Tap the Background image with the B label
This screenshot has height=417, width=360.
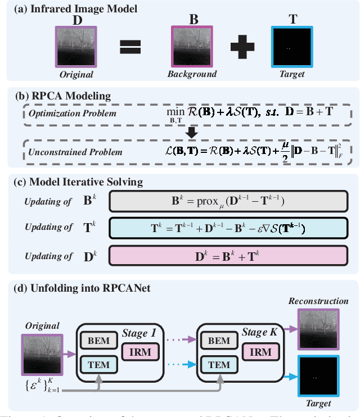click(193, 47)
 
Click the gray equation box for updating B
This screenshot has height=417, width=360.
click(229, 200)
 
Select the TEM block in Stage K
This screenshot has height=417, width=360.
click(219, 364)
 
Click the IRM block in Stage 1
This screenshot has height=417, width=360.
click(139, 352)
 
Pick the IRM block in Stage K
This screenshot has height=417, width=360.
click(261, 352)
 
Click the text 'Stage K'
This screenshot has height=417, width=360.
click(259, 332)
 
